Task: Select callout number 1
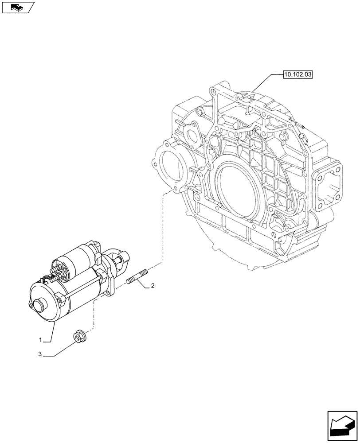point(40,340)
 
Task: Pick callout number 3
point(40,354)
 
